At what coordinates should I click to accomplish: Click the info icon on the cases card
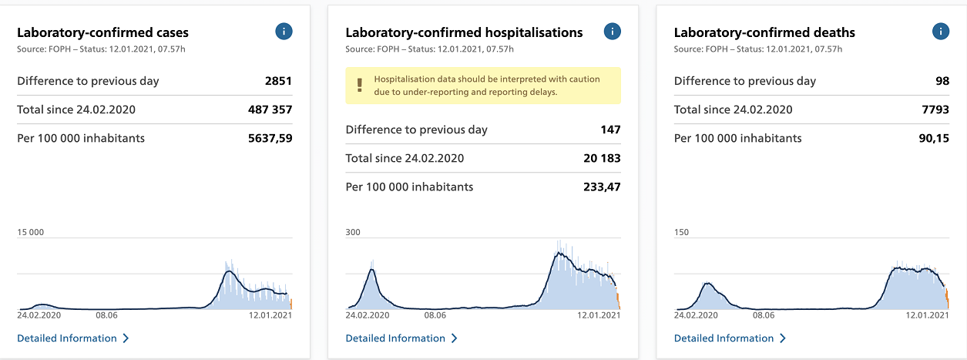tap(284, 32)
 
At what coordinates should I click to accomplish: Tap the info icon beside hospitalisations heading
tap(612, 32)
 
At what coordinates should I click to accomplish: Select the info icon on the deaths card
tap(940, 32)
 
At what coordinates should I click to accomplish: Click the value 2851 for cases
tap(279, 81)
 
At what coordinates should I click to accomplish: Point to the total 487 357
tap(270, 109)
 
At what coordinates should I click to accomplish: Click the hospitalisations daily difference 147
tap(610, 130)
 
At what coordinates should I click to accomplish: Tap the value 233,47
tap(601, 187)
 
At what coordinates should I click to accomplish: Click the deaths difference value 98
tap(942, 81)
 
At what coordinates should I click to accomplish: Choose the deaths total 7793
tap(935, 109)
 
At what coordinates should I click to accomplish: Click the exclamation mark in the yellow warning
tap(359, 86)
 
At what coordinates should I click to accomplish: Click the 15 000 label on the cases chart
tap(31, 232)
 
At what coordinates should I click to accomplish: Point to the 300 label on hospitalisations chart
tap(353, 232)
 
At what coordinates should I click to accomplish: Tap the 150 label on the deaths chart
tap(681, 232)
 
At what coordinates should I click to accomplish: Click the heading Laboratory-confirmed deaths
tap(764, 32)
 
